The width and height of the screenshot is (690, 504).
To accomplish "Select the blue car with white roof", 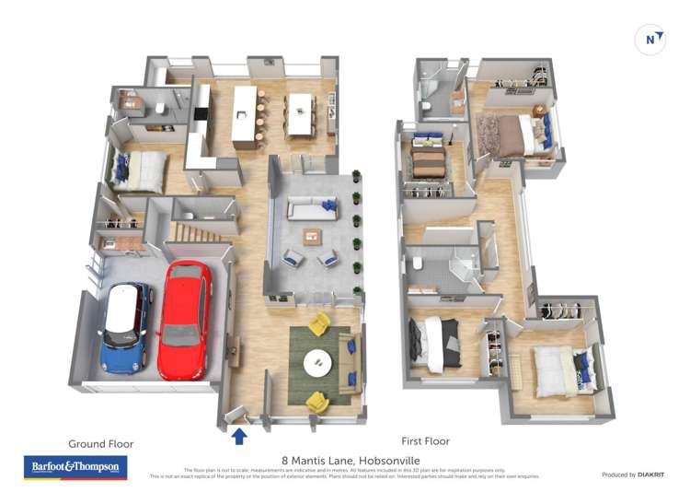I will (124, 327).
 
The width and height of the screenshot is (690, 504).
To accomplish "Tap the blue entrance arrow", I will (239, 436).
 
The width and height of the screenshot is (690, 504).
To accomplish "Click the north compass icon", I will (650, 40).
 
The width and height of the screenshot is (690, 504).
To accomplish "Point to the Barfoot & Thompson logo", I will (75, 468).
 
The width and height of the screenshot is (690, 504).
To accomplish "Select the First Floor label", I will (425, 441).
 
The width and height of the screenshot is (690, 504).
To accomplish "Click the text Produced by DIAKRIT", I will (635, 475).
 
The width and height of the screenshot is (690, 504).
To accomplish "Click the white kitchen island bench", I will (243, 116).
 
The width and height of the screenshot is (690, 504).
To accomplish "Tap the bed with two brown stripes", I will (428, 164).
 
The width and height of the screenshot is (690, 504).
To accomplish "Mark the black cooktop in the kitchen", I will (201, 114).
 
